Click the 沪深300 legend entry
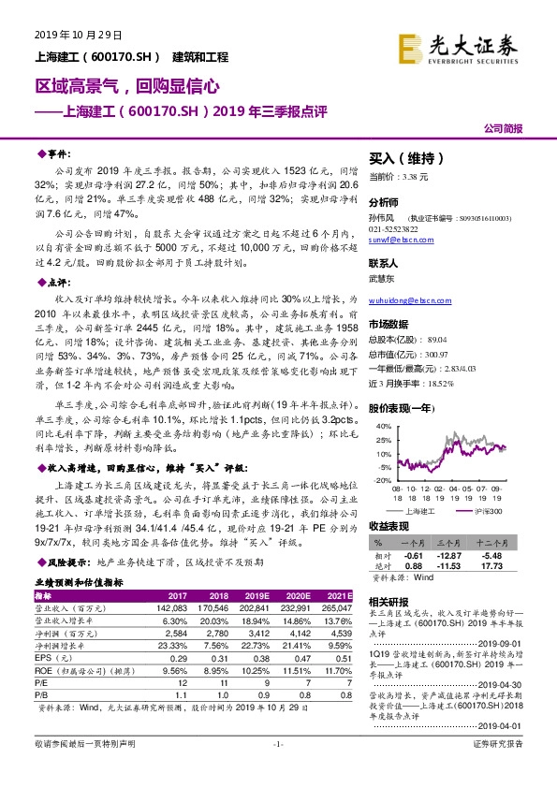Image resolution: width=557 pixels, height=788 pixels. click(486, 511)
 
